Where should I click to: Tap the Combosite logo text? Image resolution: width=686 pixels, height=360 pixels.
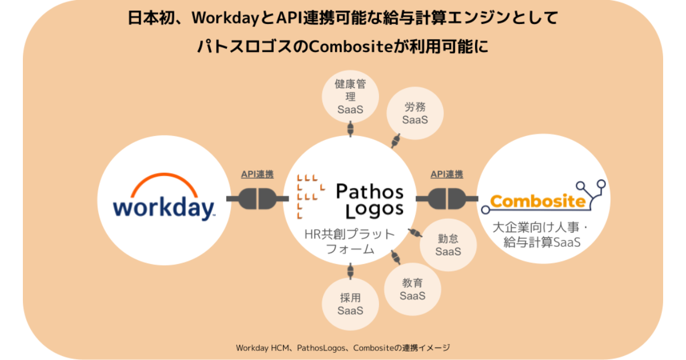point(537,201)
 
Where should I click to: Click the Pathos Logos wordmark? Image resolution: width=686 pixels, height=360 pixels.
point(369,200)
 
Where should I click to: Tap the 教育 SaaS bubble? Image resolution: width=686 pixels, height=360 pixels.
point(412,289)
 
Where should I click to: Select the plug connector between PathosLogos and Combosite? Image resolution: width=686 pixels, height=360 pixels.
point(446,198)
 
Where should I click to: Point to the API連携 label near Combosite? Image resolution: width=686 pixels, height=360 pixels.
point(446,175)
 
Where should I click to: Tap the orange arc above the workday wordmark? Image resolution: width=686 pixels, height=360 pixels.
point(164,185)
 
